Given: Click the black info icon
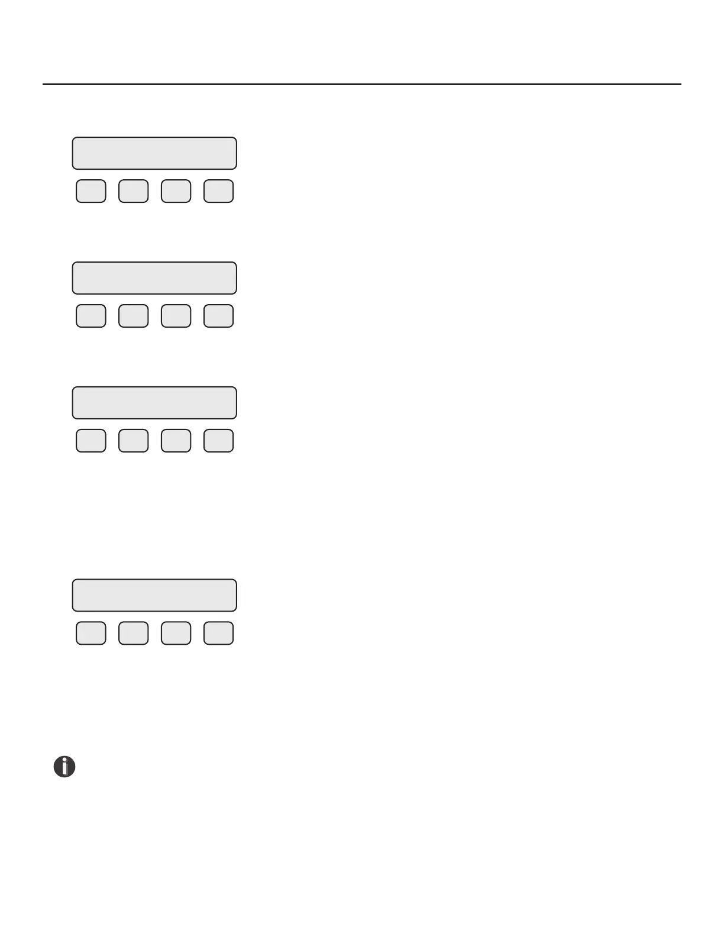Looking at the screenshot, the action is coord(64,767).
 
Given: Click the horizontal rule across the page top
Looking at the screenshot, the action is coord(362,84).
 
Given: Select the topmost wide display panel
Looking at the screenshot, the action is coord(154,153).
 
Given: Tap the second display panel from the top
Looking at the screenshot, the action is coord(154,278).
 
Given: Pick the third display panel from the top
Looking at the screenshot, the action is coord(154,403).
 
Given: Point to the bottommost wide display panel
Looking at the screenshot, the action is coord(154,595).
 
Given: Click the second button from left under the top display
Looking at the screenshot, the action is coord(134,191).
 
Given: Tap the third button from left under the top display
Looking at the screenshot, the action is coord(176,191).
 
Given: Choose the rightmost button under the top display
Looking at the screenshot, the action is coord(219,191).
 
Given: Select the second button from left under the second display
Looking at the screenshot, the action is coord(134,316).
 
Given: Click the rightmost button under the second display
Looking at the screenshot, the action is coord(219,316).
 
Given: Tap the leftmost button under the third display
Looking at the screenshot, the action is coord(91,441).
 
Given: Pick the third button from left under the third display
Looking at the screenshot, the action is coord(176,441).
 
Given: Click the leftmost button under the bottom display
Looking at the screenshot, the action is coord(91,633).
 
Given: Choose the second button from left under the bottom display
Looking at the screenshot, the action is coord(134,633).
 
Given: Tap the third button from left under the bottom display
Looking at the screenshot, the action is coord(176,633).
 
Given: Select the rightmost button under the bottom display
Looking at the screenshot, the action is coord(219,633).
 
